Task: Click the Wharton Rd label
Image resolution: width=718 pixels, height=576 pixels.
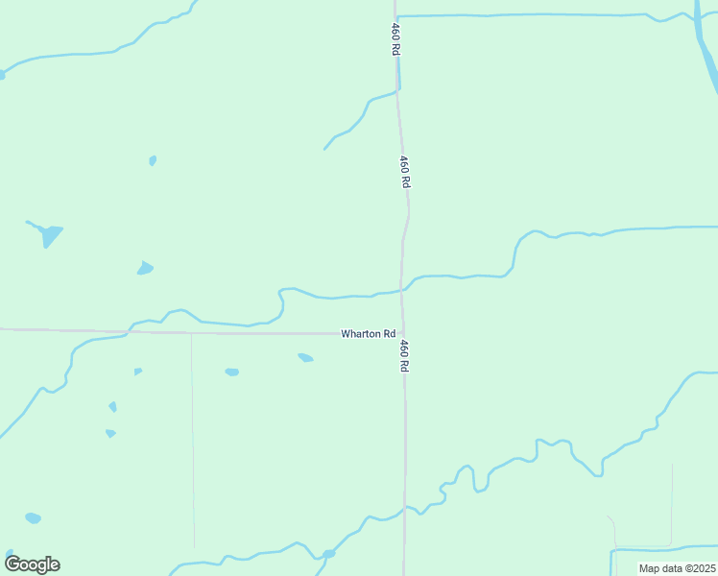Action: pyautogui.click(x=369, y=333)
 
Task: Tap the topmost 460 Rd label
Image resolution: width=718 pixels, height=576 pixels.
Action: pyautogui.click(x=394, y=38)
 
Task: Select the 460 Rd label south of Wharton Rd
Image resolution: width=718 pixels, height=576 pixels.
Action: pyautogui.click(x=406, y=355)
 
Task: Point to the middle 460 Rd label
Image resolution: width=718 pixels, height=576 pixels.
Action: pyautogui.click(x=406, y=171)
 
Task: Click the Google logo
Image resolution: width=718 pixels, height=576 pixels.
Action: pyautogui.click(x=32, y=564)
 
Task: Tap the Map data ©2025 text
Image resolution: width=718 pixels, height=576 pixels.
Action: pyautogui.click(x=677, y=568)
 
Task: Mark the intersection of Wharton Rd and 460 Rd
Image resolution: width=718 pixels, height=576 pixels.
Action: pyautogui.click(x=402, y=333)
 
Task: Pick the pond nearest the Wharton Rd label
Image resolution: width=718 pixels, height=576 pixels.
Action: pyautogui.click(x=305, y=357)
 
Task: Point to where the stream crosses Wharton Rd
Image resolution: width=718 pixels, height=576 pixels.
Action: pyautogui.click(x=130, y=332)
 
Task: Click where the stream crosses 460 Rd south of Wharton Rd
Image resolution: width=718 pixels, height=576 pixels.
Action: pyautogui.click(x=404, y=506)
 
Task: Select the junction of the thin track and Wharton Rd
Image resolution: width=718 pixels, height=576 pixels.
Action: pyautogui.click(x=192, y=333)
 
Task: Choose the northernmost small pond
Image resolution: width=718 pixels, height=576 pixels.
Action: pyautogui.click(x=153, y=160)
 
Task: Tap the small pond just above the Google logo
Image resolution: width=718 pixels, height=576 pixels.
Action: pyautogui.click(x=33, y=518)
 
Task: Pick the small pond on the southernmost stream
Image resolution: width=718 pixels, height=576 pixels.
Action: pyautogui.click(x=328, y=554)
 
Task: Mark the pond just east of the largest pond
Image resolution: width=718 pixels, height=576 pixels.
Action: pyautogui.click(x=145, y=268)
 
